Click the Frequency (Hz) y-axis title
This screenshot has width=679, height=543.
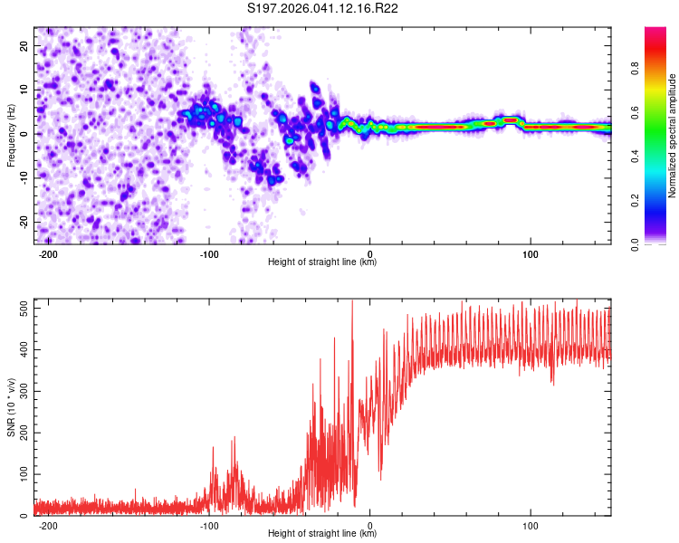tap(11, 136)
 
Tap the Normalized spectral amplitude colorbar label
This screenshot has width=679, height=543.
tap(673, 136)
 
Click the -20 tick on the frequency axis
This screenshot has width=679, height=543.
tap(24, 222)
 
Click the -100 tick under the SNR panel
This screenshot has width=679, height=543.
tap(209, 526)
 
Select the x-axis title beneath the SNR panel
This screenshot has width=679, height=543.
tap(322, 534)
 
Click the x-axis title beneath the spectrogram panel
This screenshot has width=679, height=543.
tap(322, 262)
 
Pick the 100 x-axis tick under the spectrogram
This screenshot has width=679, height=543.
tap(531, 254)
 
